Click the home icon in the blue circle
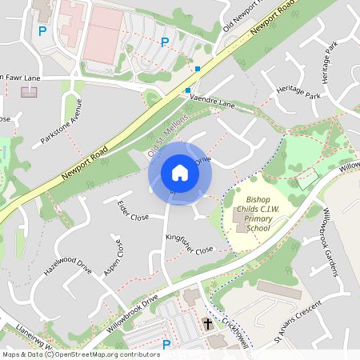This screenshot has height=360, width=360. (180, 172)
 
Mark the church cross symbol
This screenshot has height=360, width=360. (208, 325)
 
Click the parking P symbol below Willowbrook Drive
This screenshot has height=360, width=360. (166, 345)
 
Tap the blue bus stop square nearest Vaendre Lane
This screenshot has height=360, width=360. (188, 90)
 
